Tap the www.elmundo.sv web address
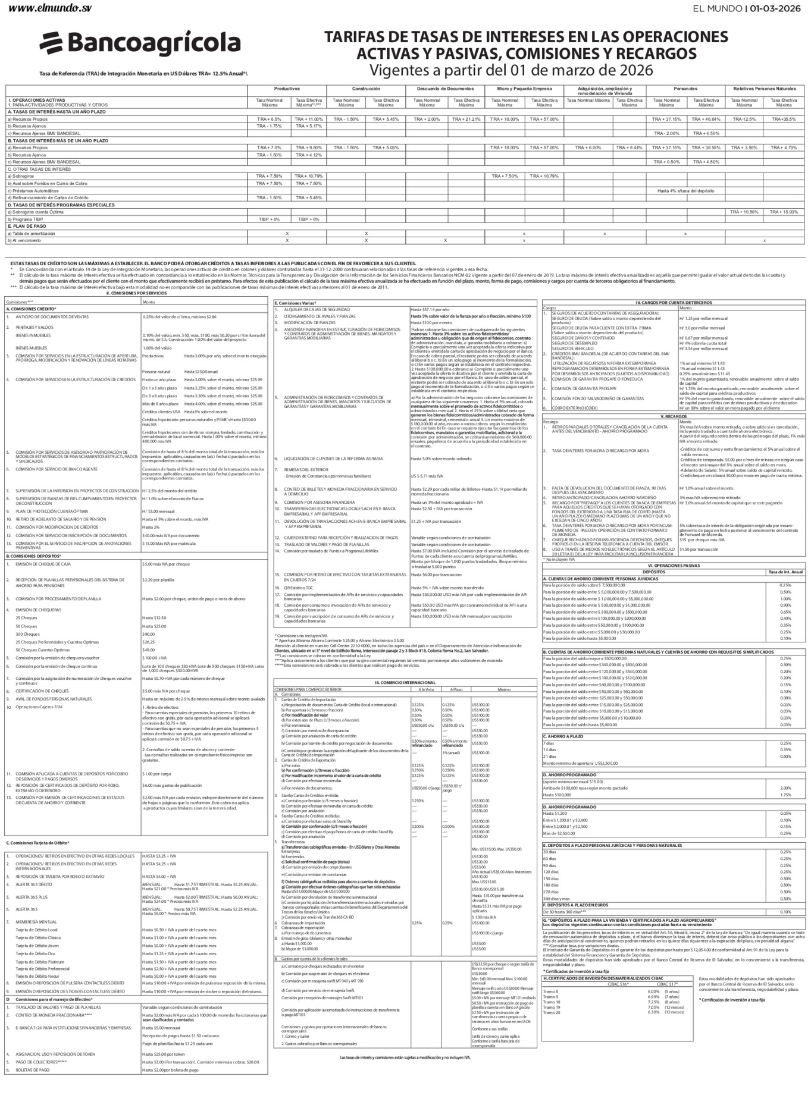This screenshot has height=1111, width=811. click(51, 8)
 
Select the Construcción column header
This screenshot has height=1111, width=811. click(366, 89)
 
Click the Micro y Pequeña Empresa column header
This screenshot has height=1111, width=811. click(524, 89)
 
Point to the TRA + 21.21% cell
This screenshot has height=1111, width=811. click(466, 119)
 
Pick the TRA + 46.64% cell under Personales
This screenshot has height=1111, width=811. click(706, 119)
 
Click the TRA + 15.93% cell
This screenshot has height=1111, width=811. click(784, 212)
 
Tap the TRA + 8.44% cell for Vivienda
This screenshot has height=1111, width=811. click(629, 147)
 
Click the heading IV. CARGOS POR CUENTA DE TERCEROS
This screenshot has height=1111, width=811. click(673, 303)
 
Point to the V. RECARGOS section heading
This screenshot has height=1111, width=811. click(673, 416)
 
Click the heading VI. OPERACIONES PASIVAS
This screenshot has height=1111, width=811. click(673, 566)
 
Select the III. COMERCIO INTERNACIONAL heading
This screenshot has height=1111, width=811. click(405, 682)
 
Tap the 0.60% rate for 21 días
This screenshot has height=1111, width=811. click(785, 757)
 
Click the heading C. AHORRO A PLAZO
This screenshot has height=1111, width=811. click(563, 736)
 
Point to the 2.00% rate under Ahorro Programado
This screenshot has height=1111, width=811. click(785, 788)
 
